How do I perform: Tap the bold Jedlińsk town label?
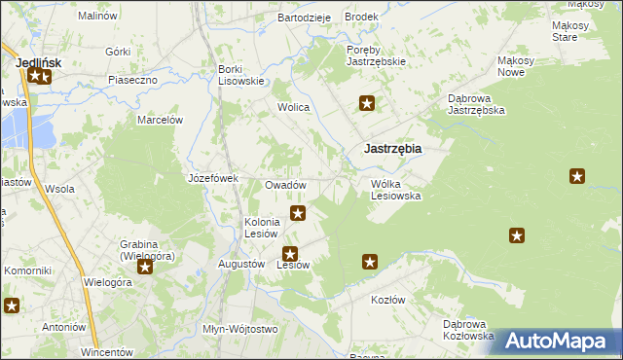[x=39, y=62]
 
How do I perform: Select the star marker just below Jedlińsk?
[x=40, y=76]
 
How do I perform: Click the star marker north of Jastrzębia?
[x=367, y=103]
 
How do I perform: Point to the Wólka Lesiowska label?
[x=395, y=190]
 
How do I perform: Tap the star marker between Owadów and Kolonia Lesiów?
[x=298, y=212]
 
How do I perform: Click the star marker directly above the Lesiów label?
[x=289, y=253]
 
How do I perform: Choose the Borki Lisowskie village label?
[x=241, y=75]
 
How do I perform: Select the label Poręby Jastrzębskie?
[x=376, y=55]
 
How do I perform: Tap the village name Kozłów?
[x=387, y=300]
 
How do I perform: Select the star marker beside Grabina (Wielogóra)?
[x=145, y=266]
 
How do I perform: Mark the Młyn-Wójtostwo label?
[x=239, y=329]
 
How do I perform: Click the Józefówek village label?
[x=213, y=178]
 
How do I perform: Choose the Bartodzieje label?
[x=305, y=18]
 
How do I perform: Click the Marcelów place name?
[x=161, y=120]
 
